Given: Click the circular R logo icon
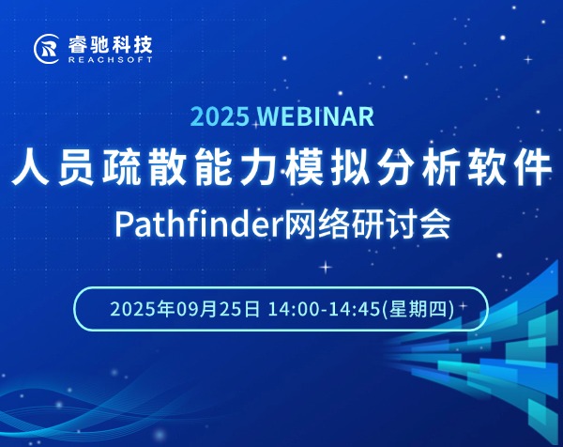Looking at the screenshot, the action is coord(46,49).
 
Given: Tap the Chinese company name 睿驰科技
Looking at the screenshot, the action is coord(110,44).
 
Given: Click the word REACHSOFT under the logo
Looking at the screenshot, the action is coord(110,60).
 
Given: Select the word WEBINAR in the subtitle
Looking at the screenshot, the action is coord(316,116).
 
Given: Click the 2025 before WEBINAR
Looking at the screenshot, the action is coord(221,116).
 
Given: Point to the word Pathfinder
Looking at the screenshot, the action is coord(198,224).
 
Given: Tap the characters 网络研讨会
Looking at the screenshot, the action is coord(367,224).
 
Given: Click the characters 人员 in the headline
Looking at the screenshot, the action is coord(53,168).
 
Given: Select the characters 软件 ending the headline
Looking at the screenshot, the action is coord(510,168).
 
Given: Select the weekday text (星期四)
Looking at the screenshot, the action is coord(418,309).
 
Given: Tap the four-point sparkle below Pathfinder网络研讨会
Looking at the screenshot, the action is coord(326,267).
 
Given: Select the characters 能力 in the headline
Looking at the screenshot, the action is coord(236,168).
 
